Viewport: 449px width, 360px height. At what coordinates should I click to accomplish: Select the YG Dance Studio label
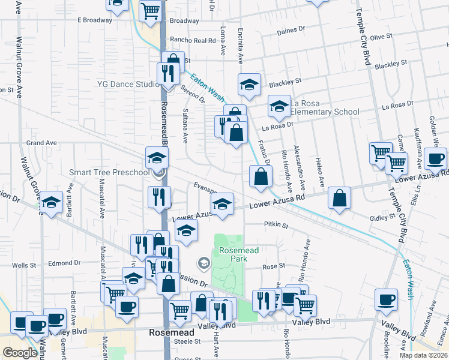pyautogui.click(x=127, y=85)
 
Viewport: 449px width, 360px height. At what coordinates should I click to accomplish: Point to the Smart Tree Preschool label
pyautogui.click(x=109, y=173)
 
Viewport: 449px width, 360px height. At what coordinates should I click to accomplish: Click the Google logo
pyautogui.click(x=20, y=353)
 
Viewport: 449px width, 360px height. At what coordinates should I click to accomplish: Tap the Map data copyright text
pyautogui.click(x=423, y=355)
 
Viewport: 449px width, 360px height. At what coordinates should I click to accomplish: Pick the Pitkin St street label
pyautogui.click(x=276, y=226)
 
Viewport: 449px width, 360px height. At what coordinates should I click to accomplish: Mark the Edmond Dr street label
pyautogui.click(x=64, y=263)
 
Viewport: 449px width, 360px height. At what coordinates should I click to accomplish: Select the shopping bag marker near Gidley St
pyautogui.click(x=339, y=199)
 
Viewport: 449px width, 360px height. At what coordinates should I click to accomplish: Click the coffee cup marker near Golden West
pyautogui.click(x=435, y=160)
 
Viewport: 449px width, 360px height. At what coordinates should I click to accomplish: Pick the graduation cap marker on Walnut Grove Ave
pyautogui.click(x=51, y=202)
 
